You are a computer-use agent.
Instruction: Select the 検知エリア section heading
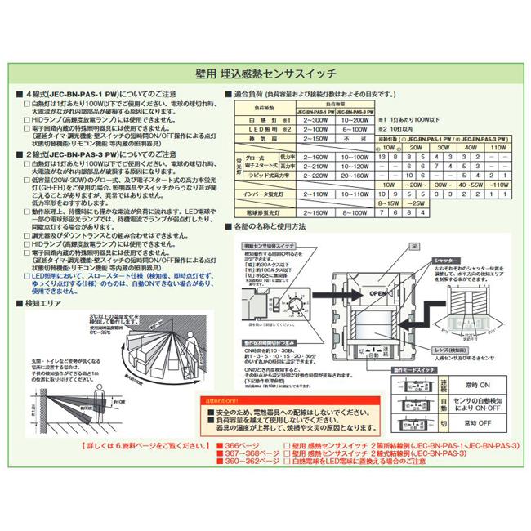click(43, 301)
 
